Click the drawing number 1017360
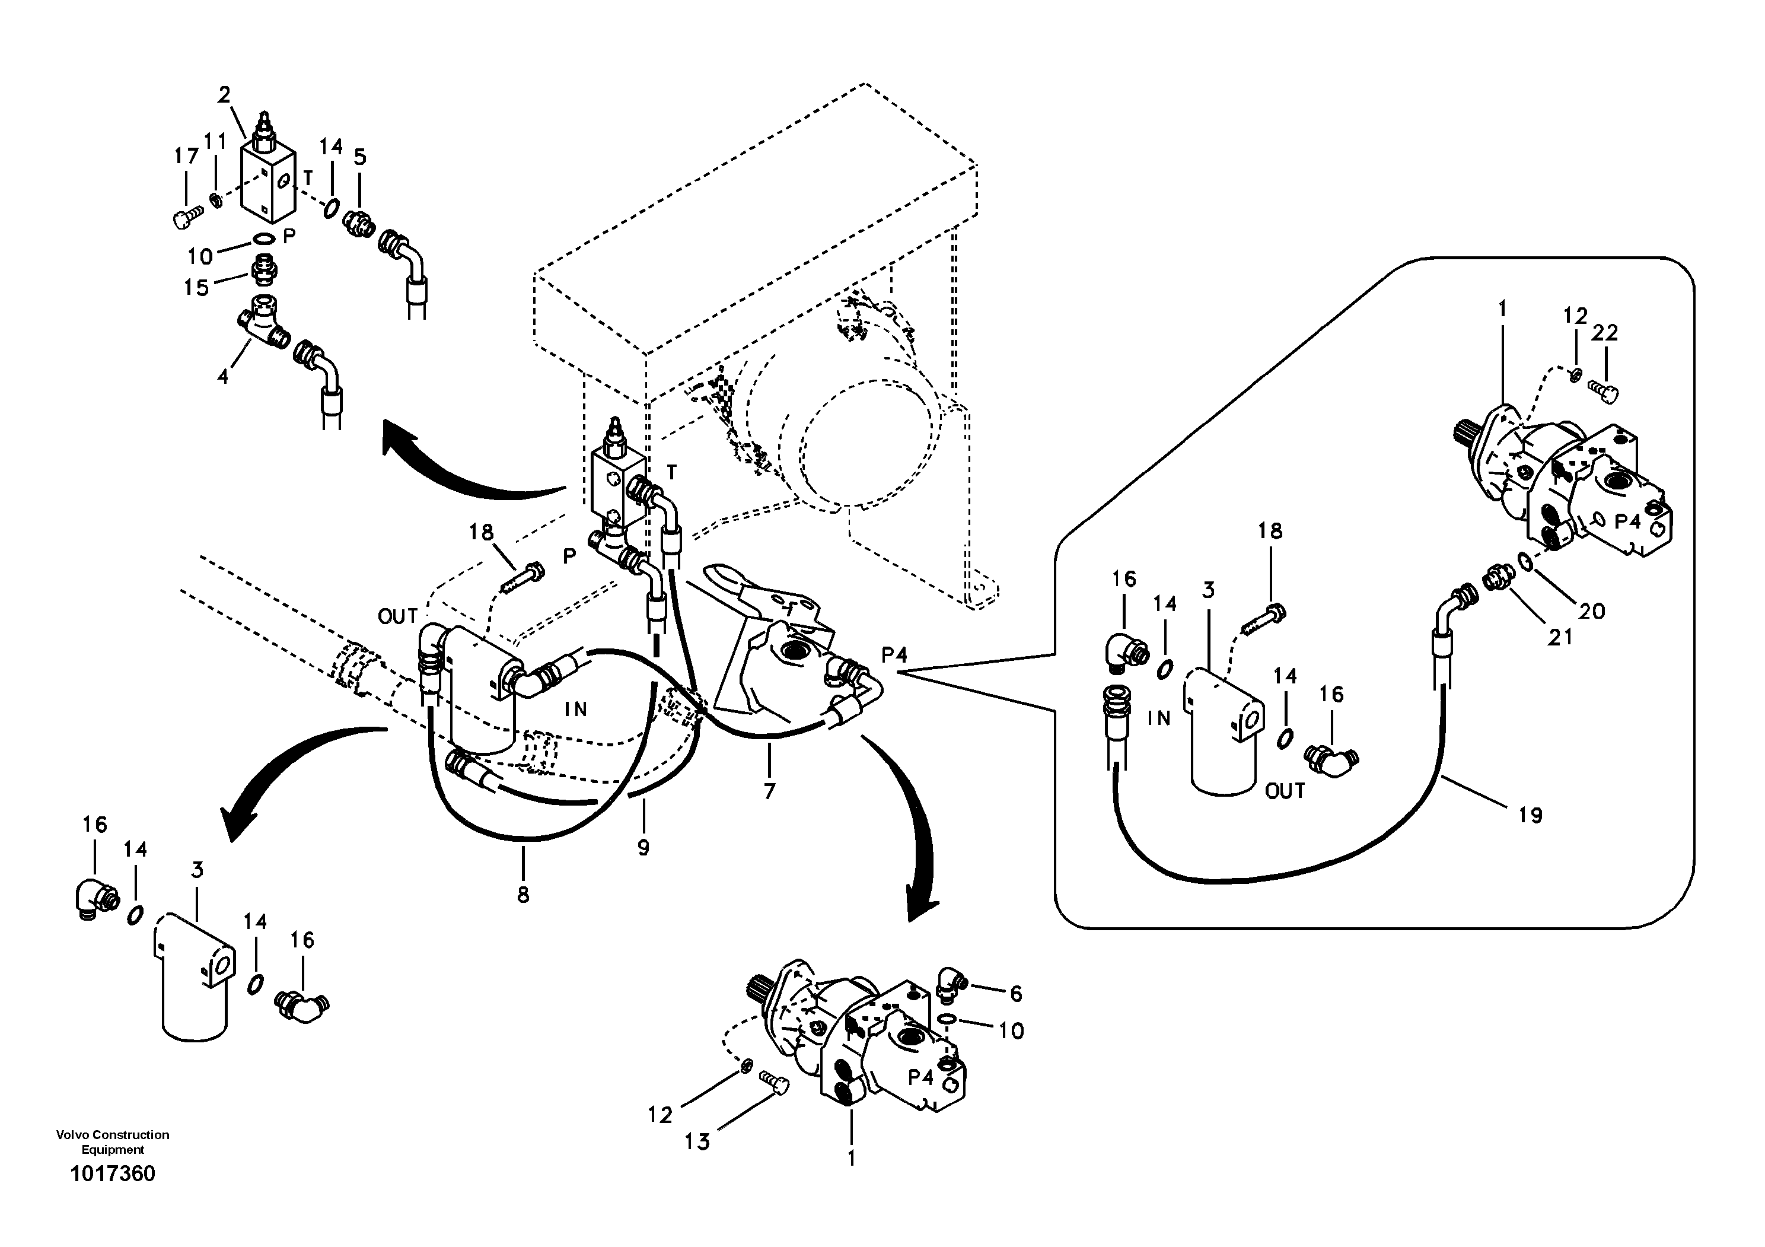(112, 1174)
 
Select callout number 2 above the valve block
(224, 96)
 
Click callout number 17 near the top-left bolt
(186, 156)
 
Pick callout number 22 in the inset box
(1605, 333)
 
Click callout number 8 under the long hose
(523, 894)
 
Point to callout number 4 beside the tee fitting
(223, 377)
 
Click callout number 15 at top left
(196, 288)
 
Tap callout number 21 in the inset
(1560, 637)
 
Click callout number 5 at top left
(360, 157)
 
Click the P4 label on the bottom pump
(920, 1078)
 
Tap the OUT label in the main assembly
(397, 616)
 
